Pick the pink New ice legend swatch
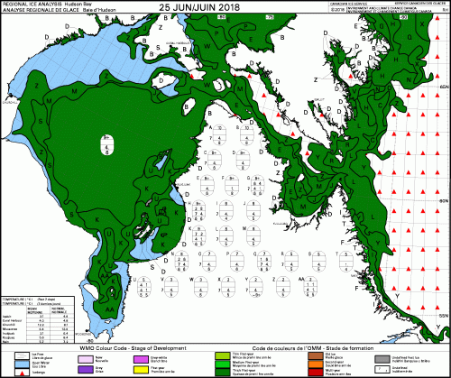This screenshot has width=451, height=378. point(87,357)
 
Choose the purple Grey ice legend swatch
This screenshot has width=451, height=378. point(87,368)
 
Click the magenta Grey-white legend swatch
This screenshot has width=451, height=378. point(140,357)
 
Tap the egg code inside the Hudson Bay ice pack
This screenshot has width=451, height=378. point(82,144)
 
